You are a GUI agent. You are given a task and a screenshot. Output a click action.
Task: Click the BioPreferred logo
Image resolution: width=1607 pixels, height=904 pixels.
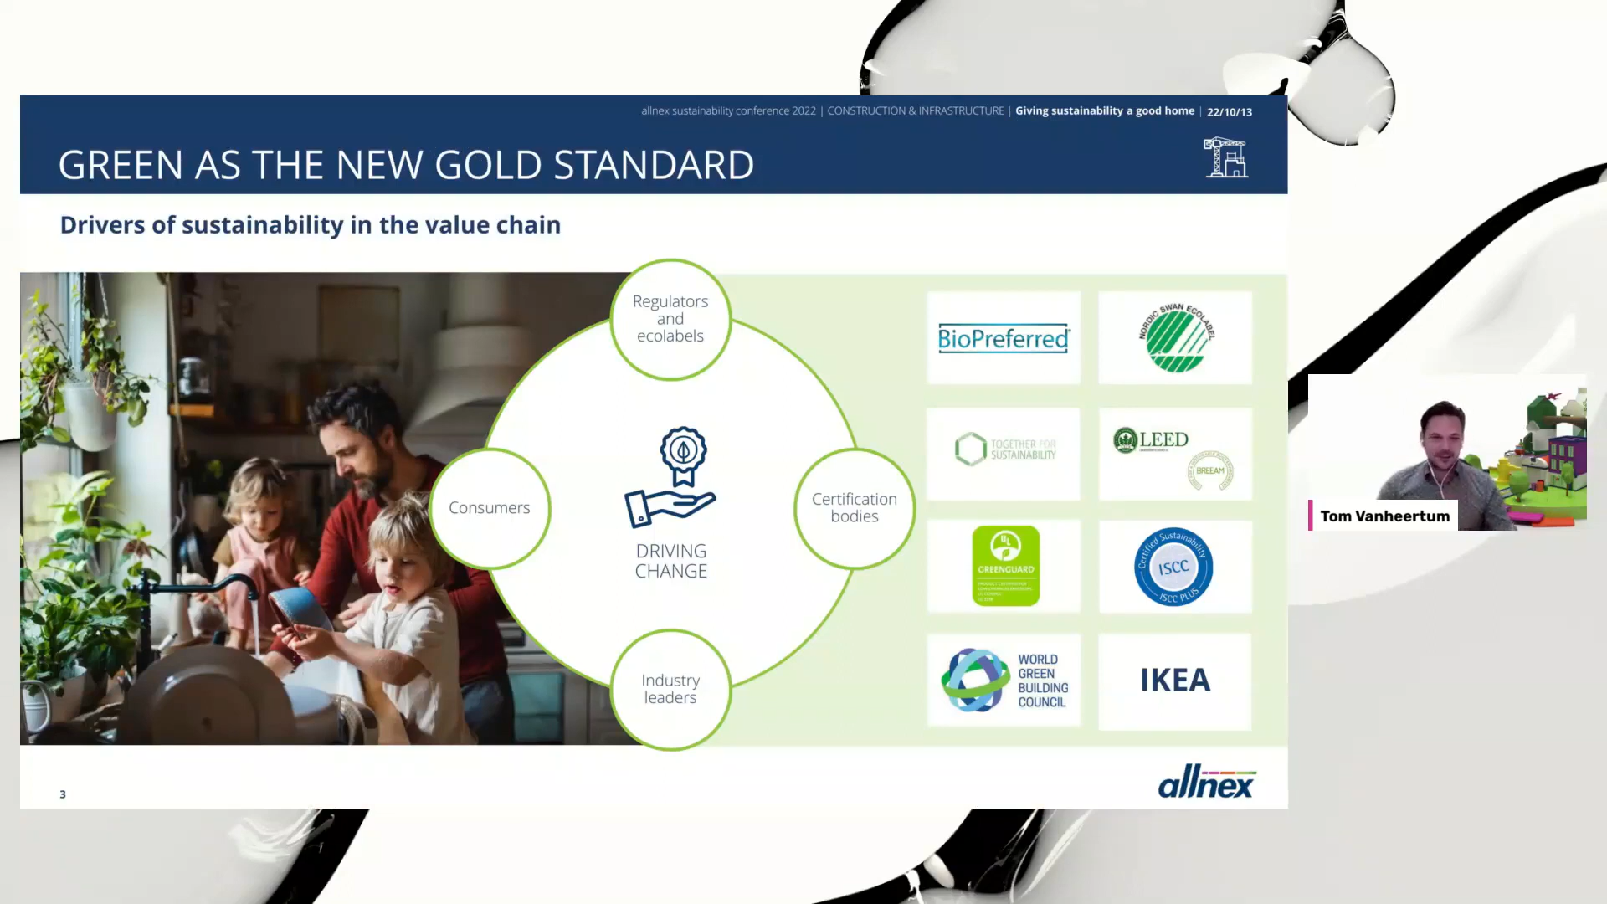[1004, 338]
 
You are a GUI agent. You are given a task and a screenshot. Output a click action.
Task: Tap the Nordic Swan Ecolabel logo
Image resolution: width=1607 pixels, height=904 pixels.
[1176, 338]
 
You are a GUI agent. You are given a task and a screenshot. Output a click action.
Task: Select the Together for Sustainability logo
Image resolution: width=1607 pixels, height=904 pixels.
[1004, 450]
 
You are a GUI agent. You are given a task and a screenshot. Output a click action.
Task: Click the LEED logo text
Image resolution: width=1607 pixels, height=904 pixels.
[1163, 439]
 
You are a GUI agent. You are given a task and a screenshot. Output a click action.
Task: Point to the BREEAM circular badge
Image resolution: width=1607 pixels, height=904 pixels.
[1210, 470]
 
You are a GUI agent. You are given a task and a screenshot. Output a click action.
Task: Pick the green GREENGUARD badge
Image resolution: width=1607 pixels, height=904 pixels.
[1005, 566]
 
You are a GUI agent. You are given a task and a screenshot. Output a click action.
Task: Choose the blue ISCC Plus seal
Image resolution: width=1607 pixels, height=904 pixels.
[1173, 568]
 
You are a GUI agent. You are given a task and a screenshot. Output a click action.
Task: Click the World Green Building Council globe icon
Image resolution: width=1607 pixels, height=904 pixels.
[975, 681]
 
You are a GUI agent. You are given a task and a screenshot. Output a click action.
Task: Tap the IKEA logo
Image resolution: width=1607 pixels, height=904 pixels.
[1175, 681]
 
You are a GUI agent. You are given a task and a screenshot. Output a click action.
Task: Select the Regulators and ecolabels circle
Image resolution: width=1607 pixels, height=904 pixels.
[670, 319]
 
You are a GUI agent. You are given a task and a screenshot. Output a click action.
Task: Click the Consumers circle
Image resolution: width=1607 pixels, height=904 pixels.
[490, 508]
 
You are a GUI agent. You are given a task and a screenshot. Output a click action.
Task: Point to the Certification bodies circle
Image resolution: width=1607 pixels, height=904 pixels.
[855, 508]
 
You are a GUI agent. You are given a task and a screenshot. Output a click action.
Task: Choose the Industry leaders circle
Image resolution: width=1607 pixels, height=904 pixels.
[670, 690]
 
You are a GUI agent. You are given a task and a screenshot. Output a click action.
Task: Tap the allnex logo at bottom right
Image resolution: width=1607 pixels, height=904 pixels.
[1206, 783]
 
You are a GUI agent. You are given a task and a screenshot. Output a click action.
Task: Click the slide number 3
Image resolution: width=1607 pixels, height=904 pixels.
[63, 794]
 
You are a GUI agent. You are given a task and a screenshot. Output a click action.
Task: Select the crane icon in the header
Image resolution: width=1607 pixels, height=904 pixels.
[1226, 157]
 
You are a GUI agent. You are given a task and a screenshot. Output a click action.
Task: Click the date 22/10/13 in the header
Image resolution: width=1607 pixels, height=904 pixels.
[1230, 112]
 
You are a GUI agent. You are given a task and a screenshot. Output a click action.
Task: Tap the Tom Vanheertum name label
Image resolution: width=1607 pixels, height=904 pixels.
[1384, 516]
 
